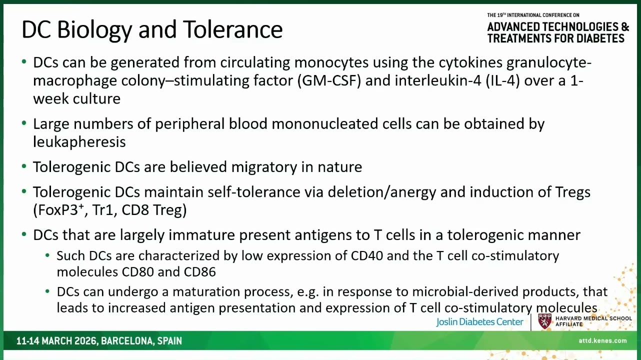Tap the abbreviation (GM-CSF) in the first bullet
coord(329,80)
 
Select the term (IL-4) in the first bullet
coord(502,80)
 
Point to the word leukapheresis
coord(79,141)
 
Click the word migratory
coord(264,167)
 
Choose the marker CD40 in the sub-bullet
coord(367,255)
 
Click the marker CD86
coord(199,272)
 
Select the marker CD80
coord(137,272)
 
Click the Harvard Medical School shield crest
coord(544,321)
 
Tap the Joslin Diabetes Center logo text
coord(479,322)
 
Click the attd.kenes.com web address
coord(602,340)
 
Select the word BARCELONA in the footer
coord(127,341)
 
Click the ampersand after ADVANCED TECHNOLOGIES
coord(625,26)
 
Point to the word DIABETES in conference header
coord(600,38)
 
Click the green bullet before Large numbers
coord(24,123)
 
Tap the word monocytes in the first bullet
coord(331,62)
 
